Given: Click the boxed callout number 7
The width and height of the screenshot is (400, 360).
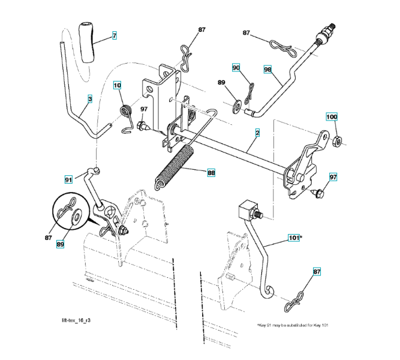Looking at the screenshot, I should tap(114, 36).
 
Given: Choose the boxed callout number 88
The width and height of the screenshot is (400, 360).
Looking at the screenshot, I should tap(211, 173).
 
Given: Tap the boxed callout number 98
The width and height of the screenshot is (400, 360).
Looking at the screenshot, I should tap(268, 70).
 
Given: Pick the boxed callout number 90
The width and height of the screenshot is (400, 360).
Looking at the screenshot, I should tap(236, 68).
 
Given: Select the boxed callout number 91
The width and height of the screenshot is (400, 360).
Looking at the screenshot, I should tap(69, 178).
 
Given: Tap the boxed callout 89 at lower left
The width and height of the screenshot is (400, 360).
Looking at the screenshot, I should tap(59, 244).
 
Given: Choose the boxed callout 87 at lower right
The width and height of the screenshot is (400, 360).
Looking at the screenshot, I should tap(317, 272).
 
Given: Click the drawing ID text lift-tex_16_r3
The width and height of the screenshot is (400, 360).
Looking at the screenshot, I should tap(76, 321).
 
